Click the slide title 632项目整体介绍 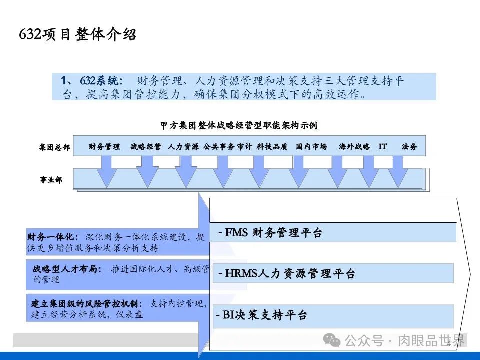pyautogui.click(x=77, y=35)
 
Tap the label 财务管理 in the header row pyautogui.click(x=104, y=147)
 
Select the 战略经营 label pyautogui.click(x=146, y=147)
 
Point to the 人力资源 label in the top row pyautogui.click(x=183, y=147)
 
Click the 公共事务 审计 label pyautogui.click(x=228, y=147)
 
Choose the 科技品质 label pyautogui.click(x=272, y=147)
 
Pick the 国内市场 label pyautogui.click(x=311, y=147)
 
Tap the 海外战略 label pyautogui.click(x=354, y=147)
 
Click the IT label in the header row pyautogui.click(x=383, y=147)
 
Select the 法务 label pyautogui.click(x=409, y=147)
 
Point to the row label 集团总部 pyautogui.click(x=54, y=148)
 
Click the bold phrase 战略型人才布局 pyautogui.click(x=66, y=269)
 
